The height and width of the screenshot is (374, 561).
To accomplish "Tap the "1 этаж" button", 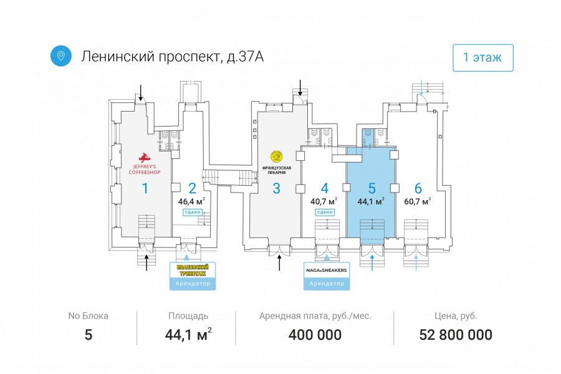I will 482,58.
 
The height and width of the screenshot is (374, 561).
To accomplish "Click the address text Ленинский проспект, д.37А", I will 173,57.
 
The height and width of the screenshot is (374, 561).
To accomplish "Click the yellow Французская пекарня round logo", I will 276,156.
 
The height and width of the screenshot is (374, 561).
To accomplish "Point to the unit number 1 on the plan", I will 145,188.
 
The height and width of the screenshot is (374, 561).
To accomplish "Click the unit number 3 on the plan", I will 276,188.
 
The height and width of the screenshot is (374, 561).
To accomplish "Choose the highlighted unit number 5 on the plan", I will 372,188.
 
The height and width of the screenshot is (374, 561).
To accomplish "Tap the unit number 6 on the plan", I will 418,188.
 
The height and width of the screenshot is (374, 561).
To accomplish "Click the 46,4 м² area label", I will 191,201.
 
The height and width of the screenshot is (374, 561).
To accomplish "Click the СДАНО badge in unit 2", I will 191,213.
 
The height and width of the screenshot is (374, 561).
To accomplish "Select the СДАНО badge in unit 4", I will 324,213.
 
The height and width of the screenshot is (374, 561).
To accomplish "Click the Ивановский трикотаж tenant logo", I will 193,270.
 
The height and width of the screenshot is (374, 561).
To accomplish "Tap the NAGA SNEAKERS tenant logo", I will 327,270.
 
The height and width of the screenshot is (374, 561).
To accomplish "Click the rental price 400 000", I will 315,335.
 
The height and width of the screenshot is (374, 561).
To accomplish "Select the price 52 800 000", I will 456,335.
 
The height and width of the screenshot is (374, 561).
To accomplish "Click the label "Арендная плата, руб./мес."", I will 315,316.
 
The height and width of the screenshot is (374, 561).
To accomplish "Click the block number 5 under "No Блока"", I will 88,335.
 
